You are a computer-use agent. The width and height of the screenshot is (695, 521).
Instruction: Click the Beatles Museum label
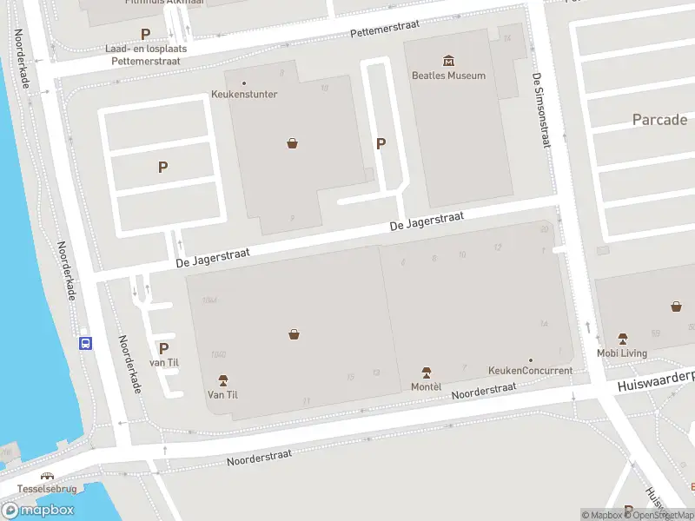pyautogui.click(x=448, y=76)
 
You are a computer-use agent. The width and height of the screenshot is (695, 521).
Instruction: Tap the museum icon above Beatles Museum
pyautogui.click(x=448, y=60)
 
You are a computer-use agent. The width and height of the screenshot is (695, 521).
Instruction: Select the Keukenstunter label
pyautogui.click(x=244, y=94)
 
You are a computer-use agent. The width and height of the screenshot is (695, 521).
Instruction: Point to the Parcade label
pyautogui.click(x=659, y=120)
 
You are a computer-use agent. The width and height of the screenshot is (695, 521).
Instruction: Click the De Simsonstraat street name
pyautogui.click(x=541, y=110)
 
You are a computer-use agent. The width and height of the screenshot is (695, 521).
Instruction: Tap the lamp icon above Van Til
pyautogui.click(x=222, y=380)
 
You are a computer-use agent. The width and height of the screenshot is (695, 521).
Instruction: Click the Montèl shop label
pyautogui.click(x=426, y=386)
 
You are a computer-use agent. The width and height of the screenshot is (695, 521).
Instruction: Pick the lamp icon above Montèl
pyautogui.click(x=426, y=372)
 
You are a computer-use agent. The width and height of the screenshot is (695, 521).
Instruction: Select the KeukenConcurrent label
pyautogui.click(x=530, y=371)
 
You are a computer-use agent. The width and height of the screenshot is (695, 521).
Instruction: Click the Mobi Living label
pyautogui.click(x=622, y=353)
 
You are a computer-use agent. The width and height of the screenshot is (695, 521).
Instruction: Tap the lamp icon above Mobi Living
pyautogui.click(x=622, y=339)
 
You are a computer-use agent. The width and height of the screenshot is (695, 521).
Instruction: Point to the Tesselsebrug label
pyautogui.click(x=47, y=489)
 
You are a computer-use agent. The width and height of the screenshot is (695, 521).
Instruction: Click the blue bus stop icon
pyautogui.click(x=86, y=342)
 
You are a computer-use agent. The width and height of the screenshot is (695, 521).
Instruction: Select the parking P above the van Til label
pyautogui.click(x=163, y=348)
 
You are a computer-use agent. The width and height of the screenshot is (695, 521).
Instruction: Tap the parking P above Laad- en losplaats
pyautogui.click(x=146, y=34)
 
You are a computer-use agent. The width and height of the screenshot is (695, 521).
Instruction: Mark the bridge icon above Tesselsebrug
pyautogui.click(x=47, y=476)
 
